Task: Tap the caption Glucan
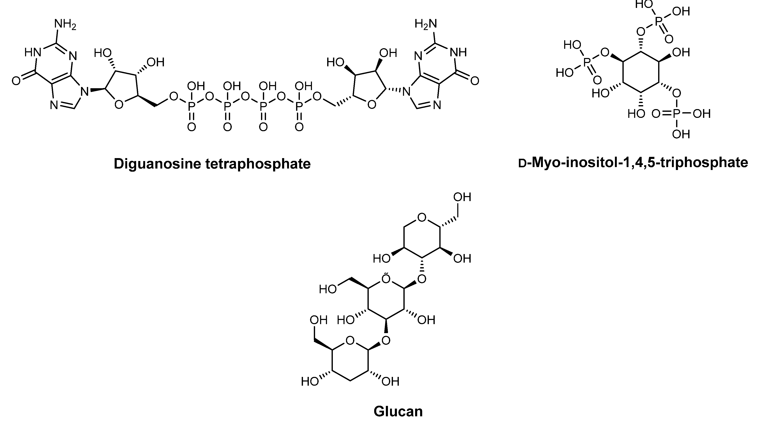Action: coord(398,411)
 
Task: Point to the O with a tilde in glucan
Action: coord(386,279)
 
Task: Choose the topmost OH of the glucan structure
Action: coord(462,197)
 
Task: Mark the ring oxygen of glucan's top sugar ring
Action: coord(421,218)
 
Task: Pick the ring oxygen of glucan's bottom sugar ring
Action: coord(350,341)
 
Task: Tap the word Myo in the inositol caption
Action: coord(546,163)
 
